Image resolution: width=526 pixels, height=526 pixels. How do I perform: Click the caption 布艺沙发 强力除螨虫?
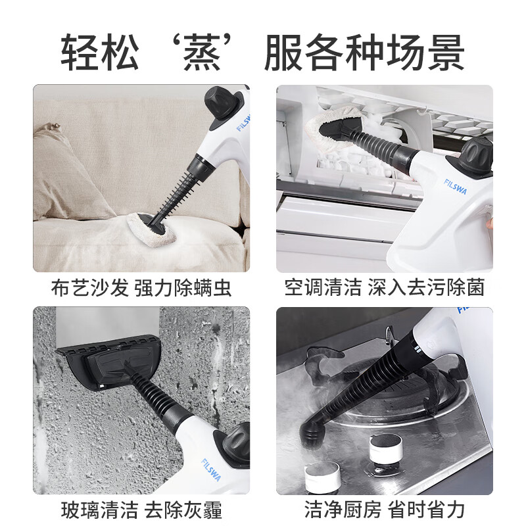click(141, 287)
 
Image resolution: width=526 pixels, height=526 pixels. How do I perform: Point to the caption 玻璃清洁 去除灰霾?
click(141, 510)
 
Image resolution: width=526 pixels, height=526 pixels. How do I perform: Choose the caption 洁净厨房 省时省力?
click(384, 510)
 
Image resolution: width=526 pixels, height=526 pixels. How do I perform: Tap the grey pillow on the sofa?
click(66, 171)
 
